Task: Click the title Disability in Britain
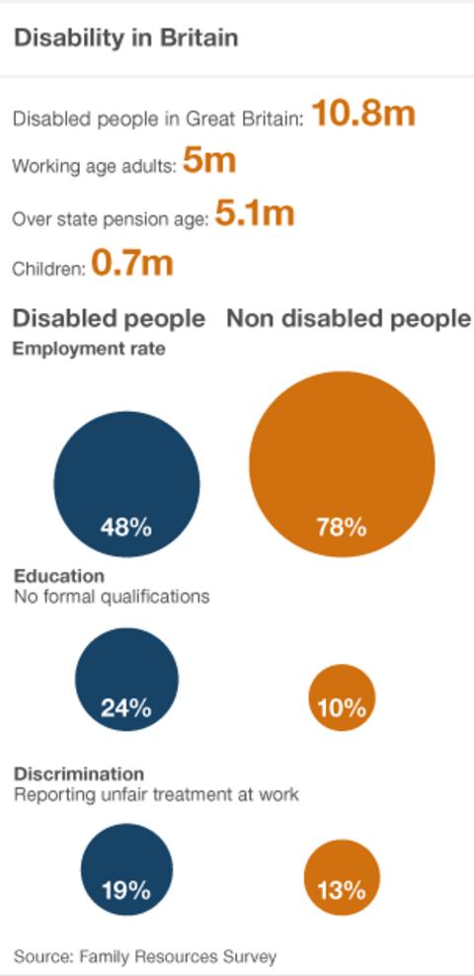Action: click(125, 39)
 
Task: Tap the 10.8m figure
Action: click(363, 114)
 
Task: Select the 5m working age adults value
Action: click(209, 162)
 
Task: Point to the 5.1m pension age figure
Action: click(254, 213)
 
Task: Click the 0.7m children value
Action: click(132, 264)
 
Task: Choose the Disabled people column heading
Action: click(109, 318)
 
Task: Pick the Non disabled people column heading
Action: click(349, 318)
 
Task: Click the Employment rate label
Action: click(89, 349)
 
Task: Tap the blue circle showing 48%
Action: click(126, 483)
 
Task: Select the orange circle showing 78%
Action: click(342, 464)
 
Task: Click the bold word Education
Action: click(58, 576)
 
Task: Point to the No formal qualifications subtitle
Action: click(111, 597)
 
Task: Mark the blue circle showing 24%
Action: click(126, 679)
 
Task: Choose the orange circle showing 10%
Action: click(342, 697)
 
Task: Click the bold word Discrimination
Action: click(78, 773)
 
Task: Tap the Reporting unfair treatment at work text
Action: click(156, 794)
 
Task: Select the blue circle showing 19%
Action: click(126, 869)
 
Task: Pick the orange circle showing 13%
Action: click(342, 878)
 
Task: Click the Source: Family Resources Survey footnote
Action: click(145, 955)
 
